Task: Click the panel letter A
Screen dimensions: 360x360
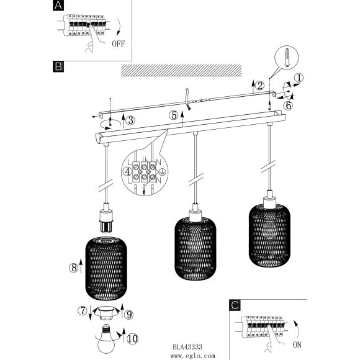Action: point(58,6)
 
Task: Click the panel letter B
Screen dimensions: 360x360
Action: point(58,66)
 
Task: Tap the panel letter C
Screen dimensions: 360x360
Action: point(235,305)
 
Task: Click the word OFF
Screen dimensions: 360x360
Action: point(119,43)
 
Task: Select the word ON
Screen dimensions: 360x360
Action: point(297,344)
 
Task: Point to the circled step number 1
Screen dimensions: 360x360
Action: point(299,78)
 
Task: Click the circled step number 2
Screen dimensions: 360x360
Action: point(259,86)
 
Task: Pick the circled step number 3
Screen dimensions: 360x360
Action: point(130,120)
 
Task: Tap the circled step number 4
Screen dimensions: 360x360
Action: point(128,172)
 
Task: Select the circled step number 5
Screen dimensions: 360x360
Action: point(174,115)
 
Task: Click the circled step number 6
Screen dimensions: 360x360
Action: point(288,106)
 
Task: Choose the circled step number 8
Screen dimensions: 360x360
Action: point(73,268)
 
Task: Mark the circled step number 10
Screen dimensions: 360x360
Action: point(132,339)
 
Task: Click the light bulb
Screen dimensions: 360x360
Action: point(106,338)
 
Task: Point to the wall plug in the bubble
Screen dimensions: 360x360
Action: point(287,57)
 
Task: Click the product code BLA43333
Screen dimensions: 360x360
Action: point(187,347)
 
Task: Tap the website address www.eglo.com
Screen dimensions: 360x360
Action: point(193,356)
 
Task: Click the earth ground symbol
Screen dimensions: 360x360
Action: point(163,172)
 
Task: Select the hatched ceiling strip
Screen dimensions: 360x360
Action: point(181,70)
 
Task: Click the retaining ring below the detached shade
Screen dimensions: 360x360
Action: point(106,312)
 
